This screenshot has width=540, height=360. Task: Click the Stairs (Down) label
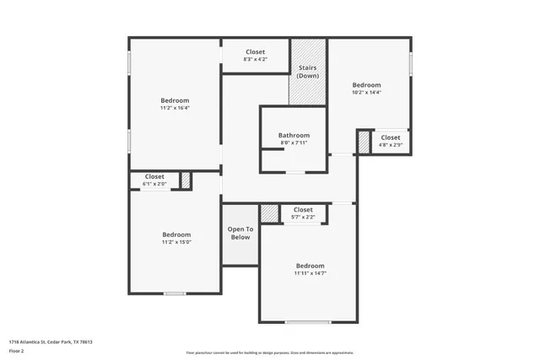307,72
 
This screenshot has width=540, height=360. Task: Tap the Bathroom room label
294,135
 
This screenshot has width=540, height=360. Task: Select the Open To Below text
240,234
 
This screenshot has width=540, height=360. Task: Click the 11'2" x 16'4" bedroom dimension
175,109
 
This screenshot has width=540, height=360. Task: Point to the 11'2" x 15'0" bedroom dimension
176,242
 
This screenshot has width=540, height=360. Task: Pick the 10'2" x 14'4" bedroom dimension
366,93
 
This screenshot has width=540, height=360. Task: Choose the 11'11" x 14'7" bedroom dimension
310,273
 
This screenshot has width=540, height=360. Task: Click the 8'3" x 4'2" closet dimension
255,60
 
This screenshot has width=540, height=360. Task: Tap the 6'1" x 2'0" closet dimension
154,184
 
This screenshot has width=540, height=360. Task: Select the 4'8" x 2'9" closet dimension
391,145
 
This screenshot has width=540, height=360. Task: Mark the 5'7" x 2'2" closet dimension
303,218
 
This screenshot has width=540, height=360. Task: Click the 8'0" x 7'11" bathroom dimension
294,142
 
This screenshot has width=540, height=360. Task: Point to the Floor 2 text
18,351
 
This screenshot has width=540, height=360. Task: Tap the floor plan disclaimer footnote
270,353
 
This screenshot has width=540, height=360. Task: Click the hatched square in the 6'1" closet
186,180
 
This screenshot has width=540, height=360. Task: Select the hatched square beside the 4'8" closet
364,142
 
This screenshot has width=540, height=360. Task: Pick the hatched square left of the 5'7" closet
269,213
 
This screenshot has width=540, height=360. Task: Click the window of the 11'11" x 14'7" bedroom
308,322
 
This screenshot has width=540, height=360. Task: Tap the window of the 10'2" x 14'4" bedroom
411,64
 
